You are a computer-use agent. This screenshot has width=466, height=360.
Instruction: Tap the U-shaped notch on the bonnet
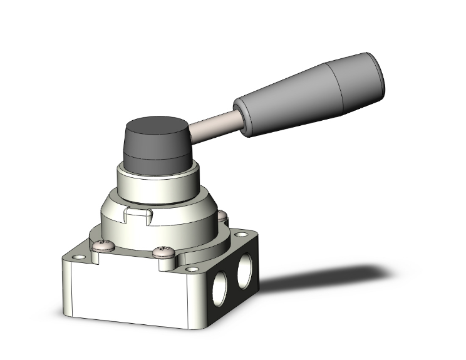138,218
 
